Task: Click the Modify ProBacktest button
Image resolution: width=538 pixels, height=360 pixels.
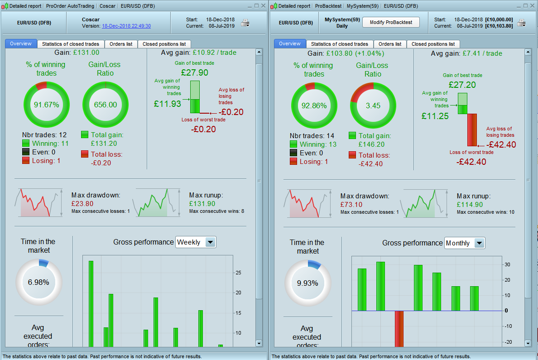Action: (x=391, y=22)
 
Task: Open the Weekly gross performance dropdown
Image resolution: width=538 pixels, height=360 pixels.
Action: (x=210, y=242)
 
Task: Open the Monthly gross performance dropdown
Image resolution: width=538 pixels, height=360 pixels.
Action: (x=479, y=243)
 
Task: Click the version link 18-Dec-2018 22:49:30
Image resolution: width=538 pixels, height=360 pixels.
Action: (x=126, y=26)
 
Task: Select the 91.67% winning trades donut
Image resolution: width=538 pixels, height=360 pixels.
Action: (x=46, y=105)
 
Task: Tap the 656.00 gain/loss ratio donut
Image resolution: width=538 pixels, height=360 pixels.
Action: (x=105, y=105)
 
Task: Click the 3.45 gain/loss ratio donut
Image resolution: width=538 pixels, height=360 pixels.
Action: (x=373, y=106)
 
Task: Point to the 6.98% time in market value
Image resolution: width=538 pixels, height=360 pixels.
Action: (x=38, y=282)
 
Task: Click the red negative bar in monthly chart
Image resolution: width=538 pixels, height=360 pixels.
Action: (x=399, y=329)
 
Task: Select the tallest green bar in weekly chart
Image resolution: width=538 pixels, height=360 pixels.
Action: (x=91, y=303)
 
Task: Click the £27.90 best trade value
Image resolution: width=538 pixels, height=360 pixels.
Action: (x=194, y=72)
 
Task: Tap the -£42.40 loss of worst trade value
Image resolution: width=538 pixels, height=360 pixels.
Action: (x=471, y=162)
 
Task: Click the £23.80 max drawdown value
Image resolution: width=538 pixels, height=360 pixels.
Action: (x=82, y=204)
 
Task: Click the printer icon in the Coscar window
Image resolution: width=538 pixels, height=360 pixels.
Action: (x=245, y=23)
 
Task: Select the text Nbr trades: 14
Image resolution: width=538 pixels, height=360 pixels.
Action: (x=312, y=135)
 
